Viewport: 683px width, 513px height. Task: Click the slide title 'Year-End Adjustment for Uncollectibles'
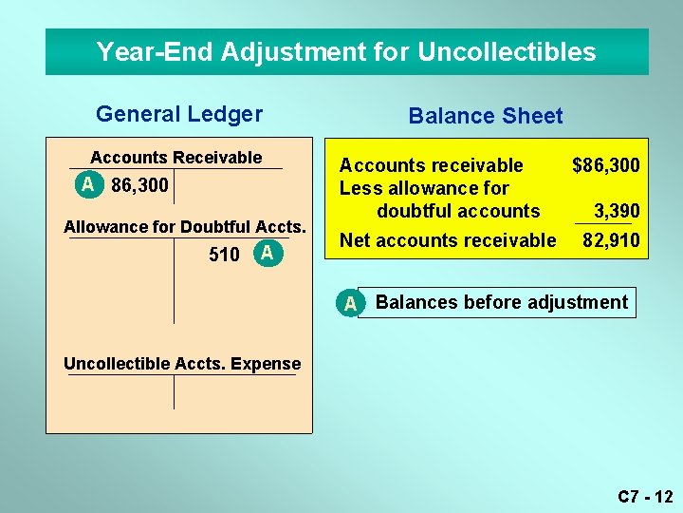pyautogui.click(x=346, y=51)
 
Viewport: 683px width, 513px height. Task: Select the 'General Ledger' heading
pyautogui.click(x=179, y=114)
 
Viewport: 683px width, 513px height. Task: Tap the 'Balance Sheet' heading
pyautogui.click(x=485, y=116)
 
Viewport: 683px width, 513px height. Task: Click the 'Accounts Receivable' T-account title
pyautogui.click(x=175, y=158)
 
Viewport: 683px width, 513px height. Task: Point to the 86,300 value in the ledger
pyautogui.click(x=139, y=184)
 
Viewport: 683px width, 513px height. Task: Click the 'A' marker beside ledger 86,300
pyautogui.click(x=88, y=184)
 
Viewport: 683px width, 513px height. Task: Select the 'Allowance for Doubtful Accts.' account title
pyautogui.click(x=185, y=227)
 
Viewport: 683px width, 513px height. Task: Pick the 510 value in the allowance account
pyautogui.click(x=224, y=255)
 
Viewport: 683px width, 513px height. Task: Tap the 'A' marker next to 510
pyautogui.click(x=268, y=253)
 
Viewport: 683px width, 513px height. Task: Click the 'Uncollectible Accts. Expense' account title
pyautogui.click(x=182, y=364)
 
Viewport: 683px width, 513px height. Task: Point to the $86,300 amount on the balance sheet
pyautogui.click(x=605, y=166)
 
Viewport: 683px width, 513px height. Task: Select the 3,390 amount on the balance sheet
pyautogui.click(x=616, y=210)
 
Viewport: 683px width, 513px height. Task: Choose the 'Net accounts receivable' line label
pyautogui.click(x=448, y=240)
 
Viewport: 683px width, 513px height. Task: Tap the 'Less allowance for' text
pyautogui.click(x=424, y=188)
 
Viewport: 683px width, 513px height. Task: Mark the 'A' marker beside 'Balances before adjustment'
pyautogui.click(x=350, y=303)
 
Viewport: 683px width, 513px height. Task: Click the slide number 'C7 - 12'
pyautogui.click(x=644, y=496)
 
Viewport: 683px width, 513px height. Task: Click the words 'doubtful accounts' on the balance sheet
pyautogui.click(x=458, y=210)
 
